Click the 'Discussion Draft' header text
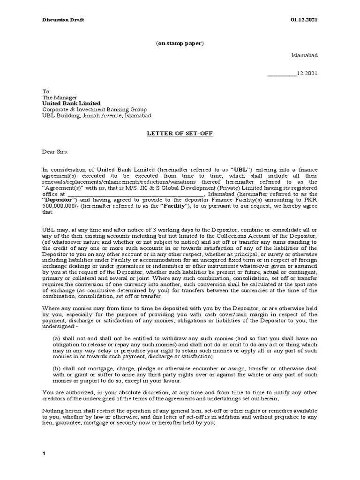point(63,20)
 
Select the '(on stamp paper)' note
point(180,43)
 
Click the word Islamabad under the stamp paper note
point(304,55)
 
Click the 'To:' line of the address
point(46,91)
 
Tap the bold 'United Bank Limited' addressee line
point(71,103)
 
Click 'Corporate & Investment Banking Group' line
point(94,109)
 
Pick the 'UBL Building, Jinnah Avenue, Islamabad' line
point(97,115)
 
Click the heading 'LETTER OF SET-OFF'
point(180,134)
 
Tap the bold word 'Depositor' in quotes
point(58,200)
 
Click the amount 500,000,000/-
point(58,206)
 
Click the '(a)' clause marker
point(56,338)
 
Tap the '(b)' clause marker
point(56,368)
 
